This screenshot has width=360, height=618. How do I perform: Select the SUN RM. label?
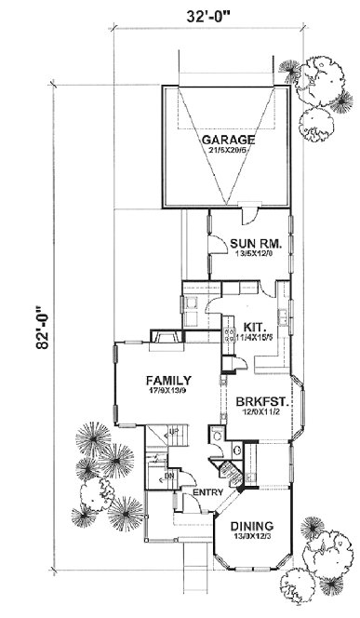point(249,244)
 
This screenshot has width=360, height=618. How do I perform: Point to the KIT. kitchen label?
point(256,326)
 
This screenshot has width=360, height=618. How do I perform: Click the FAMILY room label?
point(168,380)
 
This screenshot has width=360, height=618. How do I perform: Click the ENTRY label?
point(205,492)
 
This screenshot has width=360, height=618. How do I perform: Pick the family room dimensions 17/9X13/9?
point(168,391)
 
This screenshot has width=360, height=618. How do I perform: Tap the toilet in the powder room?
point(216,434)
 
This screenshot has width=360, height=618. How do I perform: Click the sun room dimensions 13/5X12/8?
point(249,254)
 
